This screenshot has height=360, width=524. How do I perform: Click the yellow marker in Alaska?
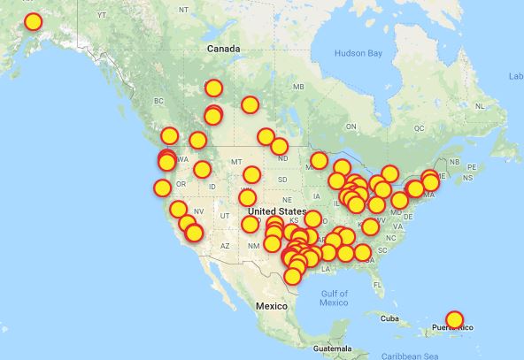click(34, 21)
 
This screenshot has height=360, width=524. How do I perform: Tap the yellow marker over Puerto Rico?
click(454, 318)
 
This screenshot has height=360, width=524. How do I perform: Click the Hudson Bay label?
click(358, 54)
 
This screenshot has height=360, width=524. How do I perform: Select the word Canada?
click(223, 49)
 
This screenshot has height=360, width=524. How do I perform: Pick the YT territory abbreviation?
click(101, 15)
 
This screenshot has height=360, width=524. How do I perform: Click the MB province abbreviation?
click(297, 87)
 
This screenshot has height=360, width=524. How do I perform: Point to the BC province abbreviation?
click(159, 101)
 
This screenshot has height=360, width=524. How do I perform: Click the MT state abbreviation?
click(235, 162)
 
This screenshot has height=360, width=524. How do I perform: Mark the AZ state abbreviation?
click(225, 245)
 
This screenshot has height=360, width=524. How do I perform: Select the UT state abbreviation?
click(226, 216)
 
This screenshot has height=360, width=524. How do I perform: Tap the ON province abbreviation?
click(351, 126)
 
